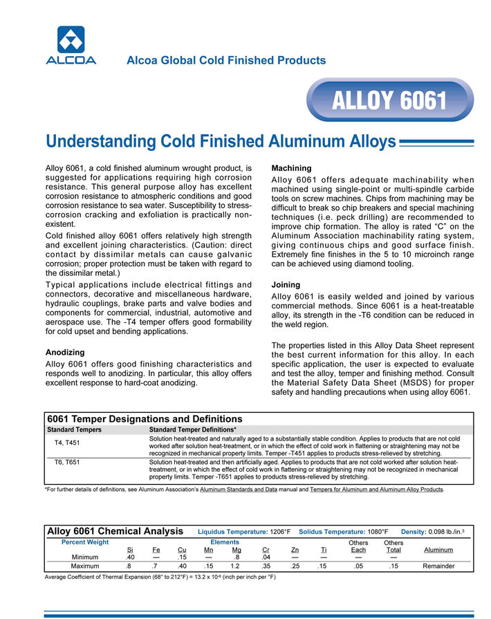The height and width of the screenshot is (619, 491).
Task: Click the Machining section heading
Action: click(291, 168)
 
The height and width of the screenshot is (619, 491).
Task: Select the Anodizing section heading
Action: click(65, 351)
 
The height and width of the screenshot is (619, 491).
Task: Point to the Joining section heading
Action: click(286, 284)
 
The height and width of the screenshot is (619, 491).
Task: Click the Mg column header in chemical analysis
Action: click(237, 550)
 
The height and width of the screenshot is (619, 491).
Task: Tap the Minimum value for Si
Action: click(130, 557)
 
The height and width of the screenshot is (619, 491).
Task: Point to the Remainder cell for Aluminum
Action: click(438, 566)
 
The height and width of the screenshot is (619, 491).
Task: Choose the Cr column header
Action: click(266, 550)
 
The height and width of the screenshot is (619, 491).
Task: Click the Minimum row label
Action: click(85, 557)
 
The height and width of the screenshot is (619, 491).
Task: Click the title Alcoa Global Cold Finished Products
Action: click(226, 60)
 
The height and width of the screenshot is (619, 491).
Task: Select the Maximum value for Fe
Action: click(156, 566)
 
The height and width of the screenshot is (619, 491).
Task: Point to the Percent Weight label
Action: click(85, 542)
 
